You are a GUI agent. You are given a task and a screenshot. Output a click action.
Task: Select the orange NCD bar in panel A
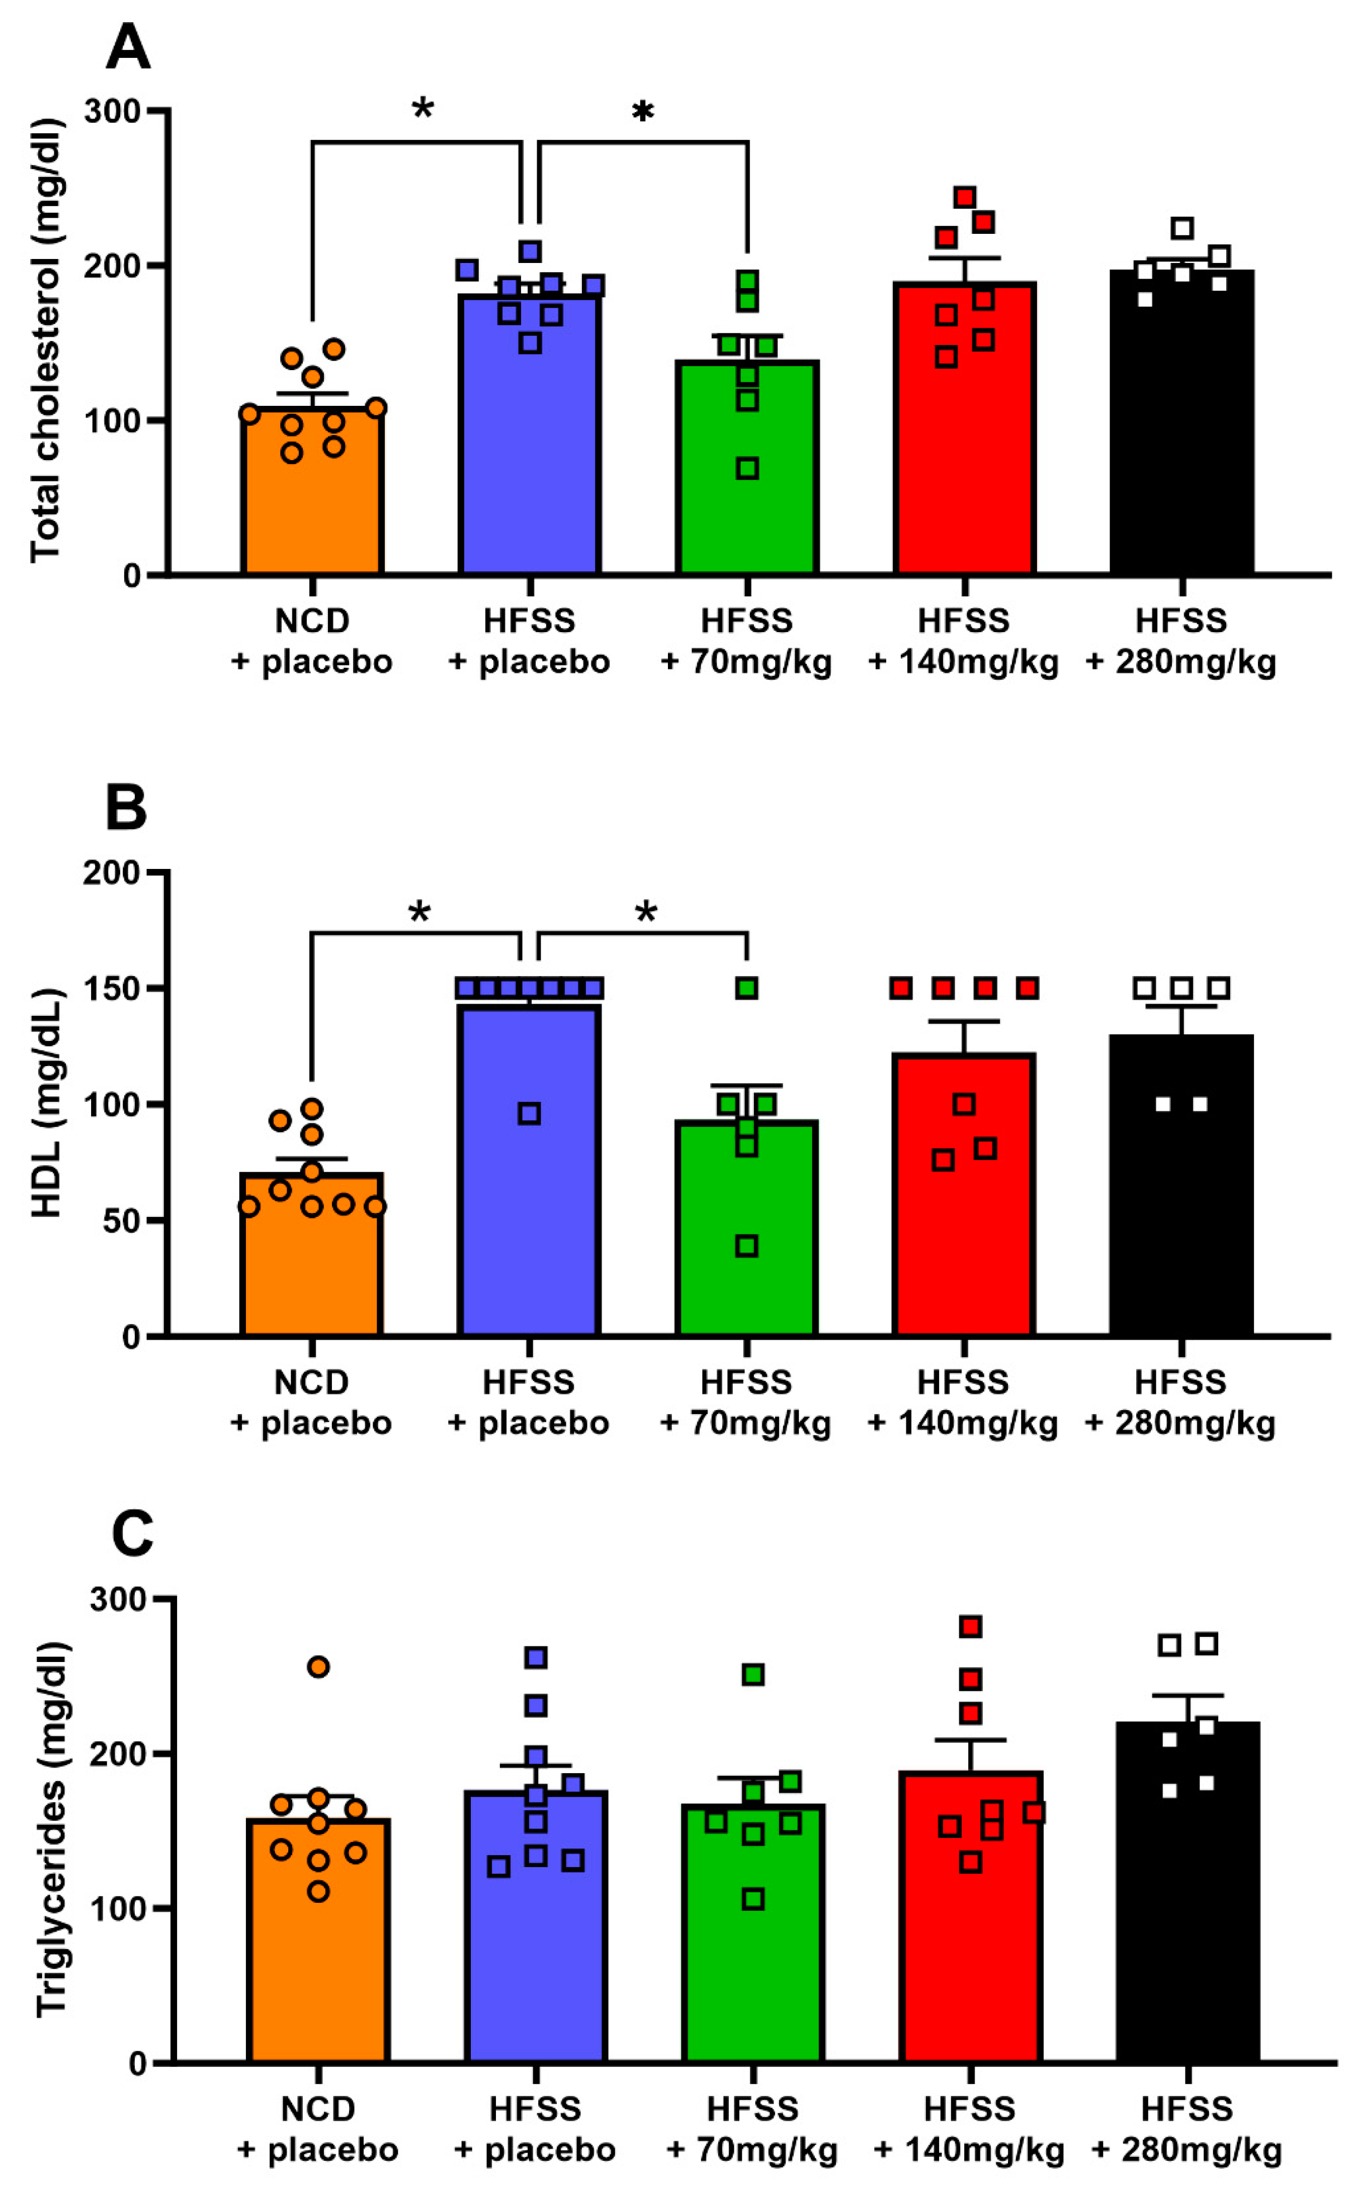tap(312, 503)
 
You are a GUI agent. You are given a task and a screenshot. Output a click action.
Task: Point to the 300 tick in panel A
tap(113, 112)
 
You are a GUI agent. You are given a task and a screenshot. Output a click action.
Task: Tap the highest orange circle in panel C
tap(318, 1667)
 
